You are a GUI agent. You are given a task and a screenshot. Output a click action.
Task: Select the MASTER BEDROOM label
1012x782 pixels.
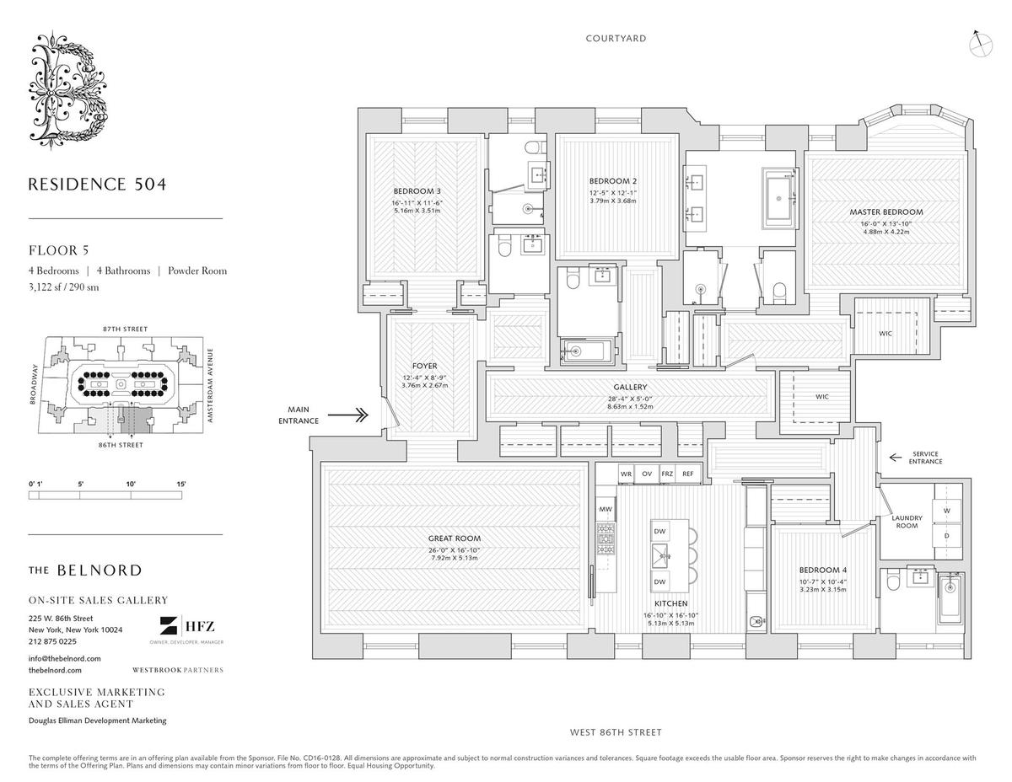tap(885, 212)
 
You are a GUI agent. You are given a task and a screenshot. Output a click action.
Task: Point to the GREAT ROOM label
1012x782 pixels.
tap(455, 538)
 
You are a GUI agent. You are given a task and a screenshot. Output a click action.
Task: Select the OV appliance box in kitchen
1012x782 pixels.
tap(648, 474)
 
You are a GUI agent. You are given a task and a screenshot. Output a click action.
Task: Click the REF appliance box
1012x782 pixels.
tap(688, 474)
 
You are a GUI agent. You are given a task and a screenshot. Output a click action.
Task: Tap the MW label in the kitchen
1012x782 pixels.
tap(605, 510)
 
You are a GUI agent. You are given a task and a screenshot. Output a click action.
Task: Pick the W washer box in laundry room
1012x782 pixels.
tap(946, 510)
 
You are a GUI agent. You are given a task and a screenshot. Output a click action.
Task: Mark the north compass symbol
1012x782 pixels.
tap(981, 43)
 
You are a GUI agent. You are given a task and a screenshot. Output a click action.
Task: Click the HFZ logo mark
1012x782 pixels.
tap(170, 627)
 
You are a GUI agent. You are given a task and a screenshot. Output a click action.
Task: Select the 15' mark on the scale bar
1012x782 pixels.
tap(181, 484)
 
